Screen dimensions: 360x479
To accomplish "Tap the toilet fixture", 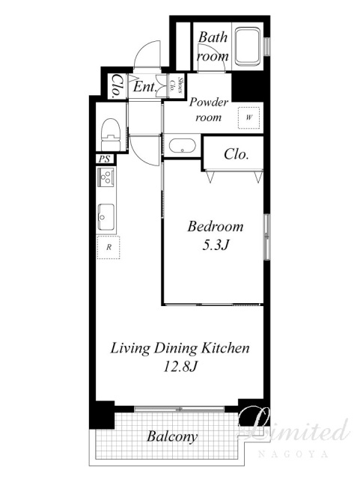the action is (110, 135).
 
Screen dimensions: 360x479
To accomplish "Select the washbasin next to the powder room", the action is (182, 146).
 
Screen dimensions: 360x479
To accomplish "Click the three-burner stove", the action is (106, 177).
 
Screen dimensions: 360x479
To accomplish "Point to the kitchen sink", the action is (107, 216).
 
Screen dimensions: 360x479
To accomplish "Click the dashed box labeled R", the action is (109, 248).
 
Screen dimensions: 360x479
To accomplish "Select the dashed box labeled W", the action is (249, 118).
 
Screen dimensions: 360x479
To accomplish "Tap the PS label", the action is (105, 159).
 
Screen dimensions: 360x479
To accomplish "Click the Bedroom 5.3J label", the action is (216, 235).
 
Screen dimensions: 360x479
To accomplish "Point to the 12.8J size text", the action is (180, 366).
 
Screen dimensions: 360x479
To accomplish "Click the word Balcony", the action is (172, 436).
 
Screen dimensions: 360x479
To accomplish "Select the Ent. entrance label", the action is (145, 87).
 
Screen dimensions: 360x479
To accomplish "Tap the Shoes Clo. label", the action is (177, 85).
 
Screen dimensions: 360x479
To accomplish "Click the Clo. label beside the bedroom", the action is (236, 154).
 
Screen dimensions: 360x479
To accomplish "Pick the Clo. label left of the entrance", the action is (117, 87).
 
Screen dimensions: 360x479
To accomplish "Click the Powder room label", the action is (209, 109).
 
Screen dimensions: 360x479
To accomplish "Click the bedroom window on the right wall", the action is (267, 237).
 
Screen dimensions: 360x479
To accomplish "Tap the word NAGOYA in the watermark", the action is (293, 454).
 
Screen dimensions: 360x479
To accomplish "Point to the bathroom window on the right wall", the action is (267, 46).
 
